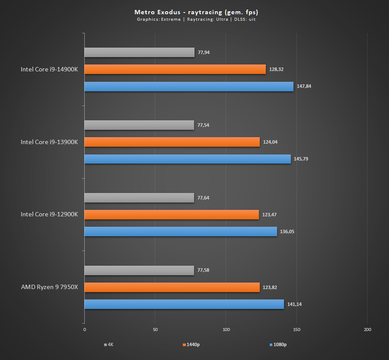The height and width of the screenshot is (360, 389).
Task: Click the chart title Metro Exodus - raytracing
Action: pyautogui.click(x=196, y=12)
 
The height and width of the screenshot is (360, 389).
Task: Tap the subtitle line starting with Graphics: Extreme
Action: pyautogui.click(x=196, y=19)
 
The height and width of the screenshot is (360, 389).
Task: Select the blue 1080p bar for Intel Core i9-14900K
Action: pyautogui.click(x=189, y=87)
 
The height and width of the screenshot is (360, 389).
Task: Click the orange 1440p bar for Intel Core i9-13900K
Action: pyautogui.click(x=172, y=142)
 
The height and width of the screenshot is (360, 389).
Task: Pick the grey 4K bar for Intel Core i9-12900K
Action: pyautogui.click(x=139, y=198)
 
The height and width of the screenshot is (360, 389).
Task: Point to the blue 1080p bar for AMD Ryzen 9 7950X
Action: pyautogui.click(x=184, y=304)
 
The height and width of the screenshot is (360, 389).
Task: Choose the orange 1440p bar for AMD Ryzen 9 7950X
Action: pyautogui.click(x=172, y=287)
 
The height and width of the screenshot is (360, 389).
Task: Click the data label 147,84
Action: pyautogui.click(x=304, y=86)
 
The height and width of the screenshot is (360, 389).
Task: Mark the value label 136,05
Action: pyautogui.click(x=287, y=231)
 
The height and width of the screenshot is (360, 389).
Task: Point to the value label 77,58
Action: pyautogui.click(x=204, y=270)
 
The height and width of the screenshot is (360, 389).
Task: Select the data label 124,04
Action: pyautogui.click(x=270, y=142)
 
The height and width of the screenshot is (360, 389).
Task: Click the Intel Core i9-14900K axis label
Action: pyautogui.click(x=49, y=69)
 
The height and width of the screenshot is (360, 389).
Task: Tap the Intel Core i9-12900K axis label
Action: pyautogui.click(x=49, y=215)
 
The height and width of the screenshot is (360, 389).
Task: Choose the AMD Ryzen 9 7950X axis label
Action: pyautogui.click(x=49, y=287)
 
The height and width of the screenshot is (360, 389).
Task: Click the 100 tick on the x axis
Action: pyautogui.click(x=226, y=330)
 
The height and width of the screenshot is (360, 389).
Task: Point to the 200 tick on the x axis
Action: pyautogui.click(x=367, y=330)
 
